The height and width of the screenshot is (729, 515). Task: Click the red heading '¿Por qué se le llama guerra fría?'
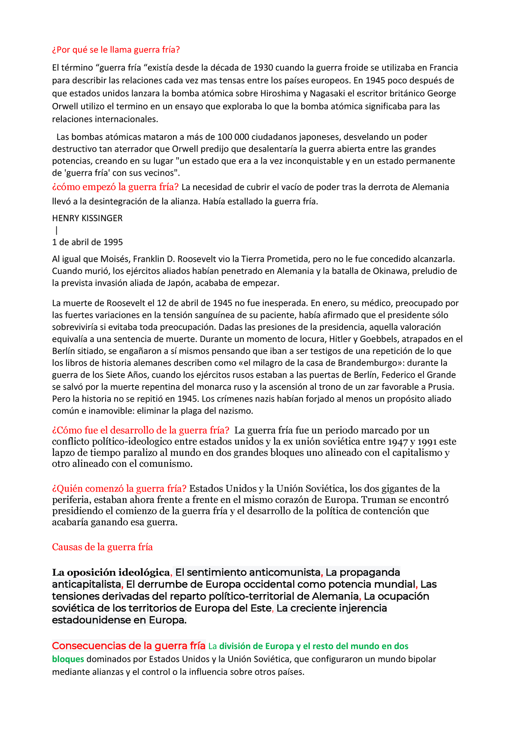116,50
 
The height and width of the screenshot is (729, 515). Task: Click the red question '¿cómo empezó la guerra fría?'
115,187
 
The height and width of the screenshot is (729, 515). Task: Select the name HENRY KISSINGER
87,218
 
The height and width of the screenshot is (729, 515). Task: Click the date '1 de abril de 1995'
87,242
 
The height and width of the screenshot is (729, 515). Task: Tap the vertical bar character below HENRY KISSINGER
57,230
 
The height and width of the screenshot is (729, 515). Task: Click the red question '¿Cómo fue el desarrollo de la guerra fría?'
140,430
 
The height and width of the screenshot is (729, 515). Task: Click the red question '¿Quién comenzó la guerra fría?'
119,489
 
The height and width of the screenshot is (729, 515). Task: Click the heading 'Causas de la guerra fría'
102,547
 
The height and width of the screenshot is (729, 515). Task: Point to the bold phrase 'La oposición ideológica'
111,573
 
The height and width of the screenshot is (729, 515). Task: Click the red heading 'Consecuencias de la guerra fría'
128,646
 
